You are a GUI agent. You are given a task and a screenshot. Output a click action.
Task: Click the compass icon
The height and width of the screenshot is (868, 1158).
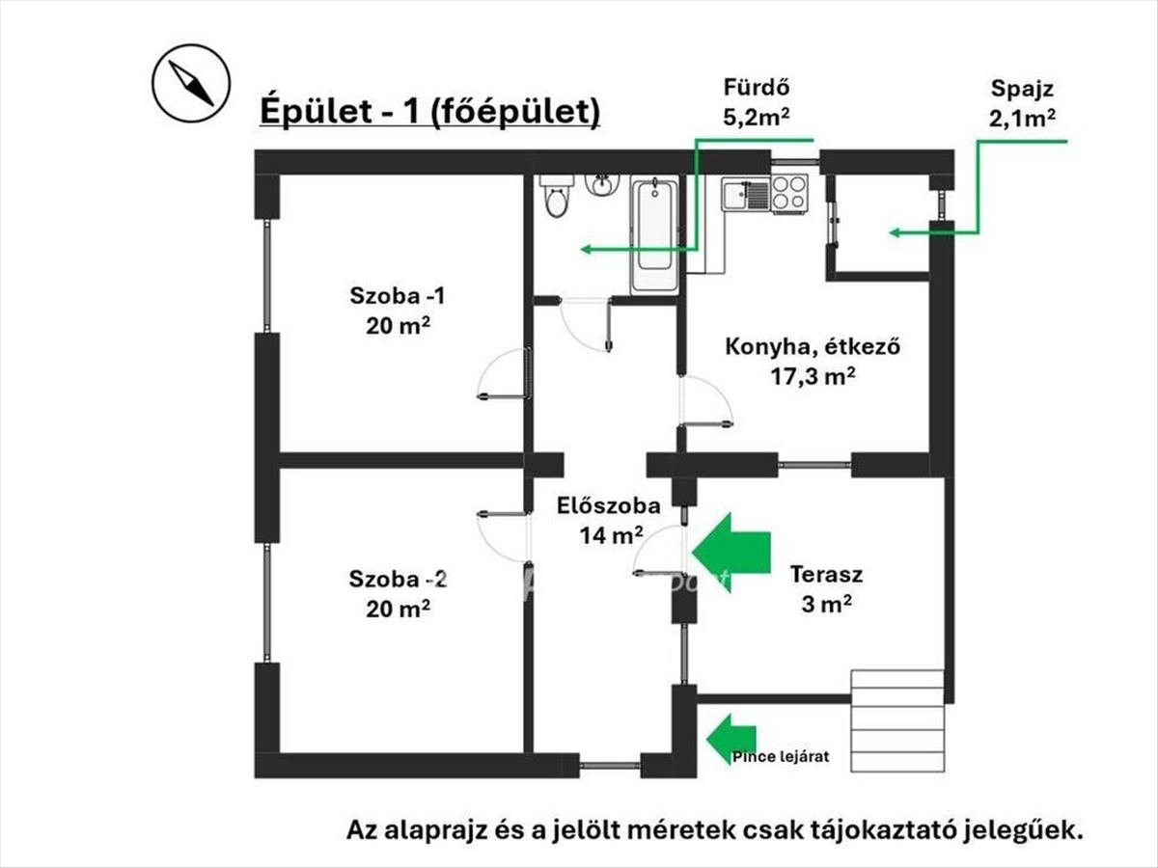pyautogui.click(x=191, y=83)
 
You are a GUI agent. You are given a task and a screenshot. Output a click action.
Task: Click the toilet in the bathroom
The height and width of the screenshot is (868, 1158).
pyautogui.click(x=556, y=196)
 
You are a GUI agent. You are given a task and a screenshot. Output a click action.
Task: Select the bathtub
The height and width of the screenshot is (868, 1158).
pyautogui.click(x=654, y=235)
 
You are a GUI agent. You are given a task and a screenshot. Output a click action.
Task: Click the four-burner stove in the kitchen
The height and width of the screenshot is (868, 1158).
pyautogui.click(x=789, y=193)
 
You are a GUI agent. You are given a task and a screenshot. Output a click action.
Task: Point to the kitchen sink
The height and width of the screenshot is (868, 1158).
pyautogui.click(x=747, y=194)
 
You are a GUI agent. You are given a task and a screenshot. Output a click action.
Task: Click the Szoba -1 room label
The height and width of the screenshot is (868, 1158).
pyautogui.click(x=398, y=311)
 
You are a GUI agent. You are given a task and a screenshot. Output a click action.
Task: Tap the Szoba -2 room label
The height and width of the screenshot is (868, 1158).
pyautogui.click(x=398, y=594)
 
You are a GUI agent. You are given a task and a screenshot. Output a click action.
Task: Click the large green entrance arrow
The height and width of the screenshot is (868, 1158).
pyautogui.click(x=731, y=553)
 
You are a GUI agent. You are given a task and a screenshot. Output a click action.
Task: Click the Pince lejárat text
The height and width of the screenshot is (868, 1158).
pyautogui.click(x=781, y=757)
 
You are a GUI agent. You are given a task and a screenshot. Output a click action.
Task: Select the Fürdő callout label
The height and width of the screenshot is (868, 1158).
pyautogui.click(x=757, y=102)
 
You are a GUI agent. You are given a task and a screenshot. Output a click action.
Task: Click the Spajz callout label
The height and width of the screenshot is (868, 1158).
pyautogui.click(x=1022, y=103)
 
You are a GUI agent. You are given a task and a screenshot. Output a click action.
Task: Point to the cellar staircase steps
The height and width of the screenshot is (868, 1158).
pyautogui.click(x=897, y=721)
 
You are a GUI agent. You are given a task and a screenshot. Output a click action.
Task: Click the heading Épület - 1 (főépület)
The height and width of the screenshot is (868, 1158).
pyautogui.click(x=430, y=112)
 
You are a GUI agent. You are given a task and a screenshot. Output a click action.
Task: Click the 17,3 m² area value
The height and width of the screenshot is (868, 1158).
pyautogui.click(x=813, y=376)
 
